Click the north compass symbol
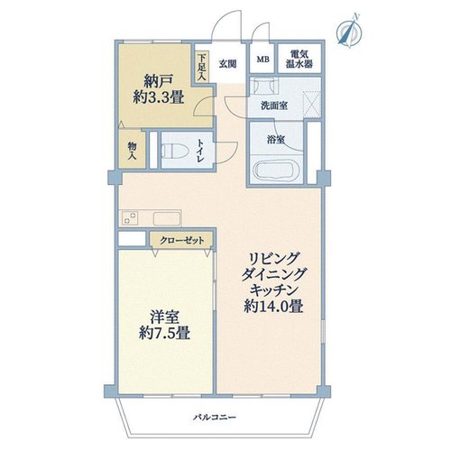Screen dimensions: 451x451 click(350, 32)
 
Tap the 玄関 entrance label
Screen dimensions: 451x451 click(227, 64)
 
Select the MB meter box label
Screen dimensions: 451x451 click(262, 60)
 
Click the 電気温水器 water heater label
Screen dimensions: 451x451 click(299, 59)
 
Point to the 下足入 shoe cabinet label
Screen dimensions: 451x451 click(202, 67)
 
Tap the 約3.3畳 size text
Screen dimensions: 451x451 click(159, 97)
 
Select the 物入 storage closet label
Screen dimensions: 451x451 click(133, 151)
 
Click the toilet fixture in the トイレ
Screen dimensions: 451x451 click(175, 151)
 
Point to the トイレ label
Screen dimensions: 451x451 click(200, 151)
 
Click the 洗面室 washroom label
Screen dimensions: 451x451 click(274, 106)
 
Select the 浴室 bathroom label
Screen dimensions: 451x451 click(276, 140)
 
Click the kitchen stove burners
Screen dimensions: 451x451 click(130, 217)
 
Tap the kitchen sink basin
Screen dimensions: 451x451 click(167, 218)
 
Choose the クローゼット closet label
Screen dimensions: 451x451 click(182, 241)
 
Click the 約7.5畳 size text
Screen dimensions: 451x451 click(164, 333)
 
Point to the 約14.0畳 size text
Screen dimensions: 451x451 click(273, 307)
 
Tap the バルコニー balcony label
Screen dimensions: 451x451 click(215, 418)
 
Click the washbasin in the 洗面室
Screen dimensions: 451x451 click(263, 86)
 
